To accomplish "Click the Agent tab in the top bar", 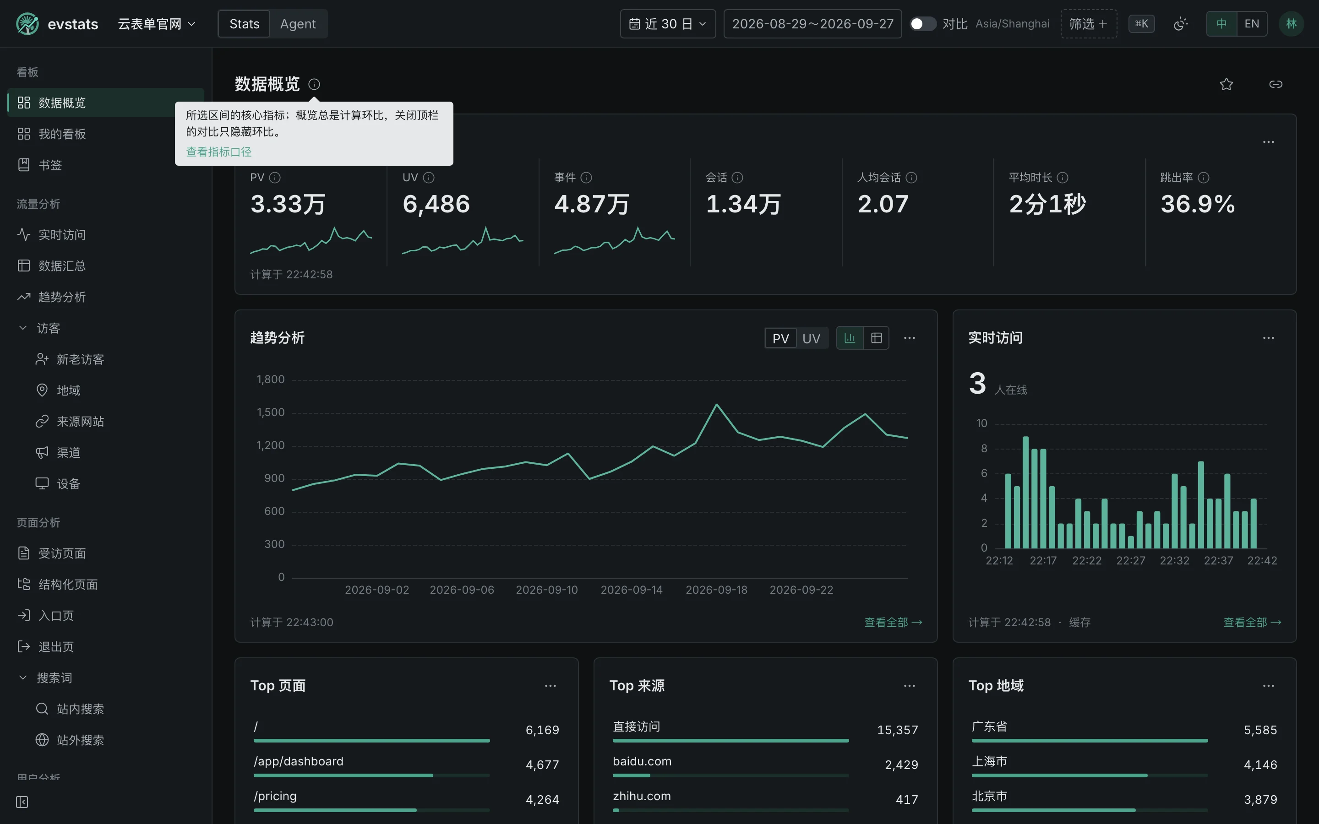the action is (x=298, y=24).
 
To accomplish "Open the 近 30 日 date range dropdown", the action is (x=668, y=24).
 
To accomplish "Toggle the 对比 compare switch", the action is (x=923, y=24).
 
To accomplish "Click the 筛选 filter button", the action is (x=1088, y=24).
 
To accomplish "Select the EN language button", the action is (x=1251, y=24).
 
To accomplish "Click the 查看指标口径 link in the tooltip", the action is (x=218, y=152).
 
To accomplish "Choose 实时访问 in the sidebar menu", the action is (x=61, y=235).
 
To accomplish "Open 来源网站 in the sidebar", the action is (x=80, y=422).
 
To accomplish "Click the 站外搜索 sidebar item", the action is (x=80, y=740).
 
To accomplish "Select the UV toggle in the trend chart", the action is (x=811, y=338).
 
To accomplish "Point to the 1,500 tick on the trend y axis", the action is (x=271, y=412).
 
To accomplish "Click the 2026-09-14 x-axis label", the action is (x=632, y=590).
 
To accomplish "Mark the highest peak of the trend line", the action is (x=716, y=404).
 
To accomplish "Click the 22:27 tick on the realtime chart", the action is (x=1130, y=561).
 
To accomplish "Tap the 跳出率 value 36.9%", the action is (x=1198, y=204).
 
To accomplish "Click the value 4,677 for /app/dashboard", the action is (x=542, y=765).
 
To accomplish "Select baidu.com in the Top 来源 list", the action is (x=642, y=761).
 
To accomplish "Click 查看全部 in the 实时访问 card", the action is (x=1252, y=623).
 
